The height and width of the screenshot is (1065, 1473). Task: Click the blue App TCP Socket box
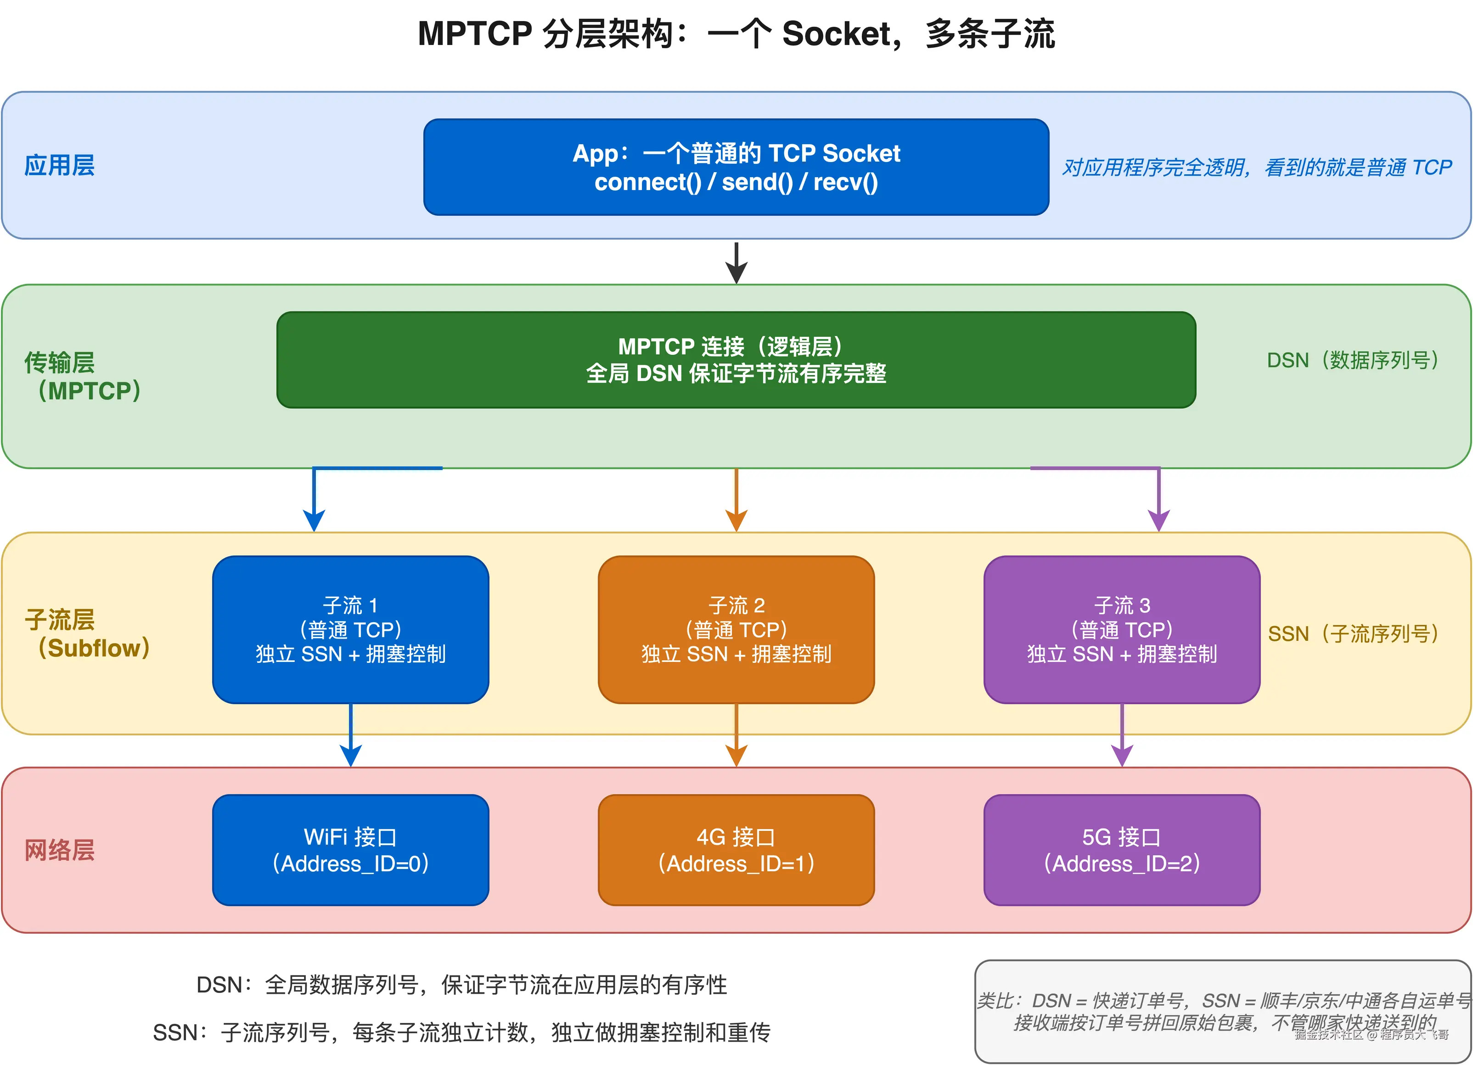tap(736, 167)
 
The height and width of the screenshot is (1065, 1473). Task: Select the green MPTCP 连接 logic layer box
tap(736, 360)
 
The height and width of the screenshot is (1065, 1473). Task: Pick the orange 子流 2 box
tap(736, 629)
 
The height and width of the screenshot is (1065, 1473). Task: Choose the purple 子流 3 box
tap(1122, 629)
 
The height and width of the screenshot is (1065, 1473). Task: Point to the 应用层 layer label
tap(59, 166)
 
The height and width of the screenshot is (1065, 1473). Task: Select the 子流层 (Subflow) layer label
tap(86, 634)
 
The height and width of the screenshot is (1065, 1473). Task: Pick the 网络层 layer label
tap(59, 850)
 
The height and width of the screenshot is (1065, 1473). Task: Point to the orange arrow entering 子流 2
tap(736, 500)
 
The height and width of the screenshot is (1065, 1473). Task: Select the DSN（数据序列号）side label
tap(1352, 360)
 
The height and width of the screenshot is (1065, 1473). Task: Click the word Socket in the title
tap(837, 34)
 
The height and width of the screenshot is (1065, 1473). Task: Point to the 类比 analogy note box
tap(1222, 1011)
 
